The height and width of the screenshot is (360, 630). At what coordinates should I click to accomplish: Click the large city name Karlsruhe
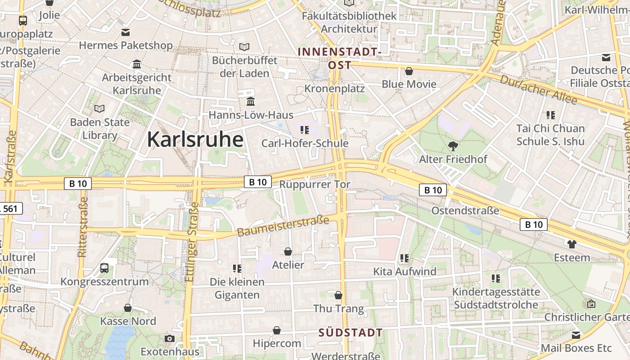(x=195, y=139)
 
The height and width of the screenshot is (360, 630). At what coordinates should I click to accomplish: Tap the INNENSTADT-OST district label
(x=340, y=58)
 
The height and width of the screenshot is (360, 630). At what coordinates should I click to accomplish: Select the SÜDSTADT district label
(x=351, y=333)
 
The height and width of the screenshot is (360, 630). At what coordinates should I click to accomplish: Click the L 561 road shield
(x=10, y=208)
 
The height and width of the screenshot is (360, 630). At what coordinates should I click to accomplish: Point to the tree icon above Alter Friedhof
(x=453, y=146)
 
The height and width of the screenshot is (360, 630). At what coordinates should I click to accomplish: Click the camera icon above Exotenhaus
(x=170, y=338)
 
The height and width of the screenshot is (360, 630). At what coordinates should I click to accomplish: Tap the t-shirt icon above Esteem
(x=572, y=244)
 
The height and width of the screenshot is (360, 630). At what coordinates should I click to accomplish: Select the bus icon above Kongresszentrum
(x=104, y=268)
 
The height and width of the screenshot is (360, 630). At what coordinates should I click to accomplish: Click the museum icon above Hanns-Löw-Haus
(x=251, y=102)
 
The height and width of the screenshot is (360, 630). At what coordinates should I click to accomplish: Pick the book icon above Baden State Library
(x=99, y=108)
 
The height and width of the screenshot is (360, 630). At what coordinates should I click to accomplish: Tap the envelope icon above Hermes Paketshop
(x=126, y=32)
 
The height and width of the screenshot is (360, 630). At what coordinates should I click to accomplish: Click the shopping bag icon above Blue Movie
(x=409, y=71)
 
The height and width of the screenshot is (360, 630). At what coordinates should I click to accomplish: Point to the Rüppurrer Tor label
(x=315, y=184)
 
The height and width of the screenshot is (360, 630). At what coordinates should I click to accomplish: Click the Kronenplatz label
(x=334, y=88)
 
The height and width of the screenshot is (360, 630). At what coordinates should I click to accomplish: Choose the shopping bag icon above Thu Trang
(x=338, y=295)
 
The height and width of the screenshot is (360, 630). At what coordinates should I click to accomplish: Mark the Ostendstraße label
(x=465, y=211)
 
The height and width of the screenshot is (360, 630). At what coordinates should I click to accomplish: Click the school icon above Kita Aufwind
(x=404, y=258)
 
